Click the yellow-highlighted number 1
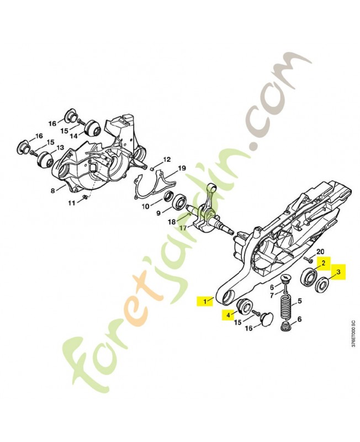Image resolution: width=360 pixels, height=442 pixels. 205,301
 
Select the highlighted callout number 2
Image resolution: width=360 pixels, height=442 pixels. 324,264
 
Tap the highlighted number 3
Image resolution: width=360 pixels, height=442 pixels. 338,272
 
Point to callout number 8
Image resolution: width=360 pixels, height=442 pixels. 52,191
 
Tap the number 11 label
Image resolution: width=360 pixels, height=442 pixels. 72,202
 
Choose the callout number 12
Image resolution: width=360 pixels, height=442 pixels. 167,160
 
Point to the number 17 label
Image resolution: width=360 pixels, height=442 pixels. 183,228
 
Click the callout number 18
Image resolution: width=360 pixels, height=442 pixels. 172,222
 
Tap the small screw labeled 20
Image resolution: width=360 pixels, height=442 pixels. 309,259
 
